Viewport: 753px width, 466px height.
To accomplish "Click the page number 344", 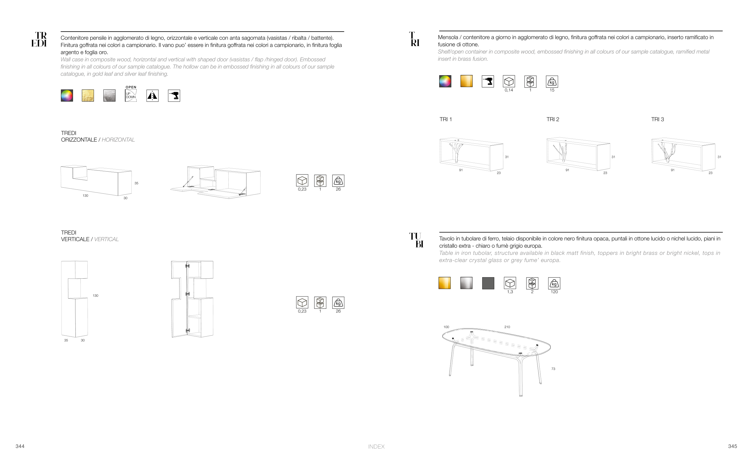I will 20,446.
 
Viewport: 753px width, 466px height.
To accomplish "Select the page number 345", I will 732,446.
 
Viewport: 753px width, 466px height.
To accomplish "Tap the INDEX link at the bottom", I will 376,447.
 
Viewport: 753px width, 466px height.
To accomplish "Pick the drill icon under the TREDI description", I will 174,95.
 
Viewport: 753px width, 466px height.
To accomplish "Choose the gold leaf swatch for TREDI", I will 88,95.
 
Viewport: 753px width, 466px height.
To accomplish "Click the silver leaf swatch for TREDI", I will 109,95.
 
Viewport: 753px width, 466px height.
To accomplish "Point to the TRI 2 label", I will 552,119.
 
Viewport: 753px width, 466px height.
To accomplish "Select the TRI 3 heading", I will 657,119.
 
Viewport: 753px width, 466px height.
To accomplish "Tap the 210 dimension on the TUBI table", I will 507,327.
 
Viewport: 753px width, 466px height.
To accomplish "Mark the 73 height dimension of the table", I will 553,369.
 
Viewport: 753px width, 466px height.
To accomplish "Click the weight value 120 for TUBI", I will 554,292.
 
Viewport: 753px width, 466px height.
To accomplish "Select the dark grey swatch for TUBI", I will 488,283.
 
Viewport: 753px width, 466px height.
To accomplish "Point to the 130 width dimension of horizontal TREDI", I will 85,196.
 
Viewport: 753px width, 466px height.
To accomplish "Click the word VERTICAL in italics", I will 106,239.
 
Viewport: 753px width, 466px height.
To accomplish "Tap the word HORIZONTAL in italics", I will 118,139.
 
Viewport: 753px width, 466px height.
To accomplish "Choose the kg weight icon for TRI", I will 552,82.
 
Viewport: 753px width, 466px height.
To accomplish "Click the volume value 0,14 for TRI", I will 509,90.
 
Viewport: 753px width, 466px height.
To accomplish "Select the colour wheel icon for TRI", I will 445,81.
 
